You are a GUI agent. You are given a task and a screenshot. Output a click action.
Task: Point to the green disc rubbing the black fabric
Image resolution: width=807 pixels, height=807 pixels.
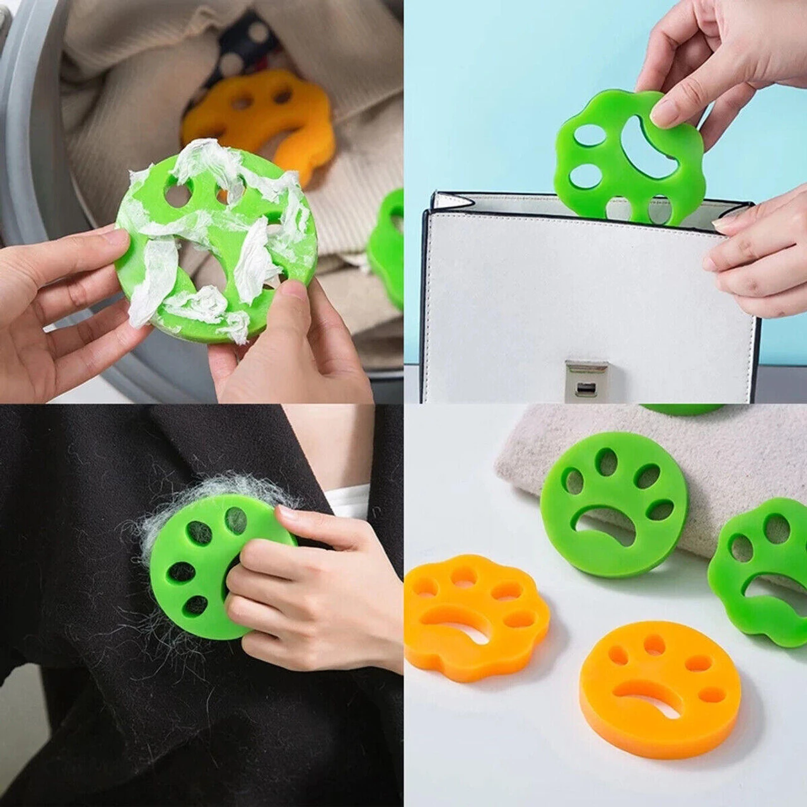click(x=202, y=567)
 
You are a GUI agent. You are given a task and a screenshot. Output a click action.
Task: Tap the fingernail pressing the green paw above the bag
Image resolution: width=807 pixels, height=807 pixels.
click(x=662, y=113)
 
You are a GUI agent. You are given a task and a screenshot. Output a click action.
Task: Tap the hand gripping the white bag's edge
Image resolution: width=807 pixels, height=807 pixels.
click(x=757, y=252)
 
